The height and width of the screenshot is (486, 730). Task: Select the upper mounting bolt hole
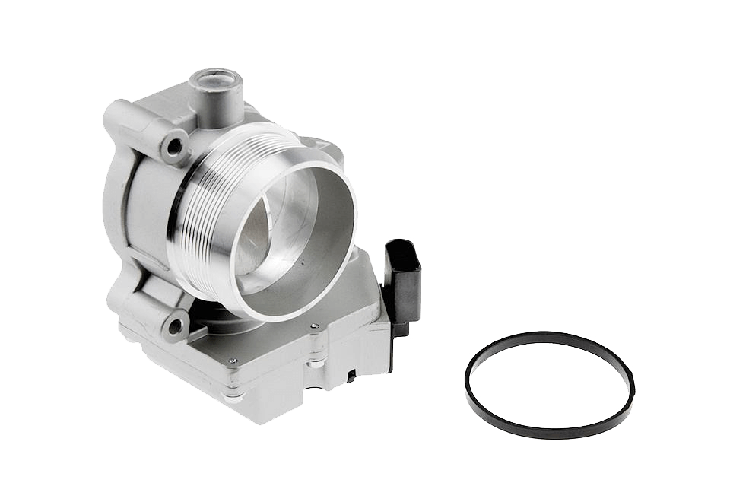[176, 144]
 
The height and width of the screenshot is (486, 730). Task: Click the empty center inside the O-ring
[549, 384]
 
